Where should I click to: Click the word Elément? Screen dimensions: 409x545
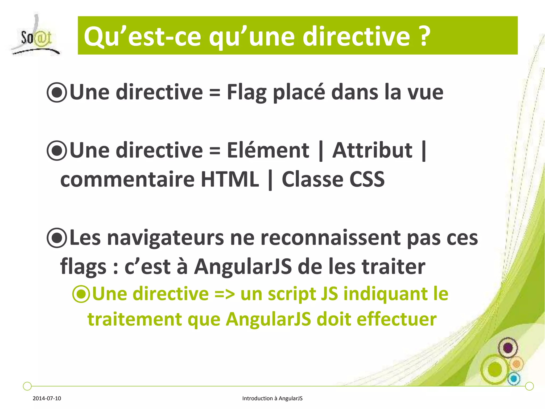(268, 150)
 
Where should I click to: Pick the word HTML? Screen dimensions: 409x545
(230, 179)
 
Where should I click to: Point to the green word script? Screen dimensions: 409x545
(291, 294)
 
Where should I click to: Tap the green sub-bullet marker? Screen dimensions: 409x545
(81, 294)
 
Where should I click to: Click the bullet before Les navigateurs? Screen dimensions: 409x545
(56, 238)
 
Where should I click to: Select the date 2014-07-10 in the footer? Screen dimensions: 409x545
(47, 398)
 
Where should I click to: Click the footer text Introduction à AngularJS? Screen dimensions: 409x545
(272, 398)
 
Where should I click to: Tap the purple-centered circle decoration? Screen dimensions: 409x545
(508, 348)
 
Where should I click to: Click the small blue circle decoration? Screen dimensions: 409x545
(514, 378)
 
